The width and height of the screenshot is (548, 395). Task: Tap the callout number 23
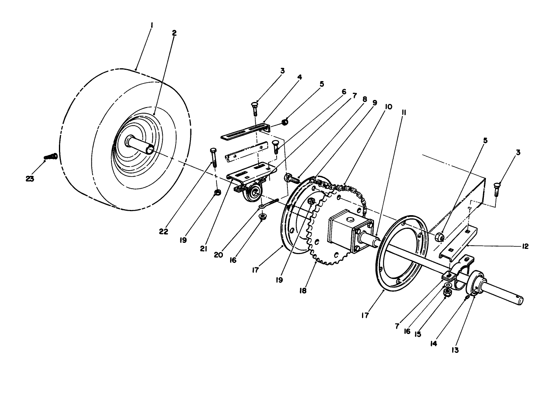(30, 179)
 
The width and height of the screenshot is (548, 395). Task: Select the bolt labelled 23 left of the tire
(51, 156)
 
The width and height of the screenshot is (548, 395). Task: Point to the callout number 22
(164, 232)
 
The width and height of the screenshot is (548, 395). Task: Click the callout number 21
(203, 248)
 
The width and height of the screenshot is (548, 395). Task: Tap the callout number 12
(525, 246)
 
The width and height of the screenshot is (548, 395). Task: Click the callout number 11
(404, 113)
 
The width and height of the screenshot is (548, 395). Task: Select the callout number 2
(174, 33)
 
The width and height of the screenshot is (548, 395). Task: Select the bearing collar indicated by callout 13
(476, 284)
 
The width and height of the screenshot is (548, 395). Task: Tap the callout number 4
(299, 77)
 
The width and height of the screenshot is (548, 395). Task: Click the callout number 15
(418, 334)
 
